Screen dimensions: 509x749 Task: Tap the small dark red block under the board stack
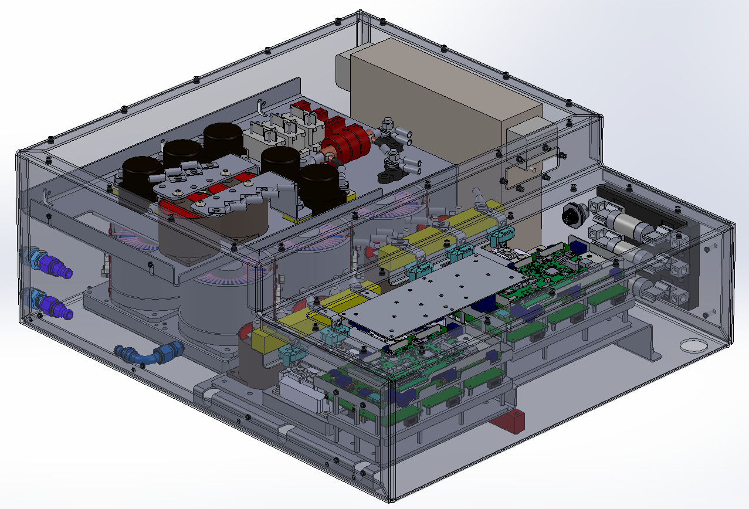(509, 421)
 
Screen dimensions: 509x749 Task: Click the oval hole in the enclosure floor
(694, 345)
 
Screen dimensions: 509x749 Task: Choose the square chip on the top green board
(553, 271)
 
